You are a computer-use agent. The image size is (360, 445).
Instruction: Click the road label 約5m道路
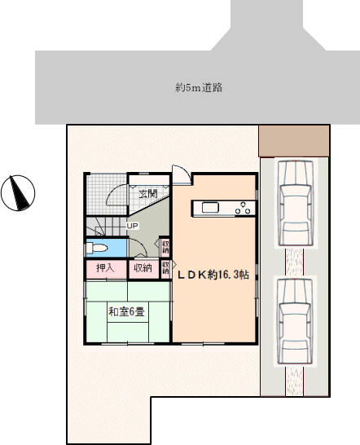(199, 88)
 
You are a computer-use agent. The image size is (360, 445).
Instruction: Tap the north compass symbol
(18, 193)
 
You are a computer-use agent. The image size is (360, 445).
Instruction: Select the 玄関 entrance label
(148, 194)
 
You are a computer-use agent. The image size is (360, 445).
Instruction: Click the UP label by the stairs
(132, 227)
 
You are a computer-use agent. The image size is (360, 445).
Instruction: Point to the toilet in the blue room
(96, 249)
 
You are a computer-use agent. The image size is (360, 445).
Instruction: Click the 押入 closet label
(105, 268)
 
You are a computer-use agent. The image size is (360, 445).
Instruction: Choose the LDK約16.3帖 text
(213, 275)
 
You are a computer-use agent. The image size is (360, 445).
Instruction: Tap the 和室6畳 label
(126, 312)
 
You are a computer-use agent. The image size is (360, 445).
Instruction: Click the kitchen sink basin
(210, 208)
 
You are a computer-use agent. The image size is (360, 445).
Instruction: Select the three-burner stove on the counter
(243, 208)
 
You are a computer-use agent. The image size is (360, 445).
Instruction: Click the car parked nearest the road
(295, 204)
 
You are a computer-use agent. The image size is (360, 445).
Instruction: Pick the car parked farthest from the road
(295, 321)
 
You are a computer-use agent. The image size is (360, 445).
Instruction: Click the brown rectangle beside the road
(294, 141)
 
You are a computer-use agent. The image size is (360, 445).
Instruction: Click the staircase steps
(106, 227)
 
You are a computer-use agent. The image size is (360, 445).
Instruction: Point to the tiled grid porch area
(107, 196)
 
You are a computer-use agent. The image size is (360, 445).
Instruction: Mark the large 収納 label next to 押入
(143, 268)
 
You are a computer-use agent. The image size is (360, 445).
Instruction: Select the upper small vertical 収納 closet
(165, 247)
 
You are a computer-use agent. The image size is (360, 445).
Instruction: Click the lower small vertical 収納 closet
(165, 268)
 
